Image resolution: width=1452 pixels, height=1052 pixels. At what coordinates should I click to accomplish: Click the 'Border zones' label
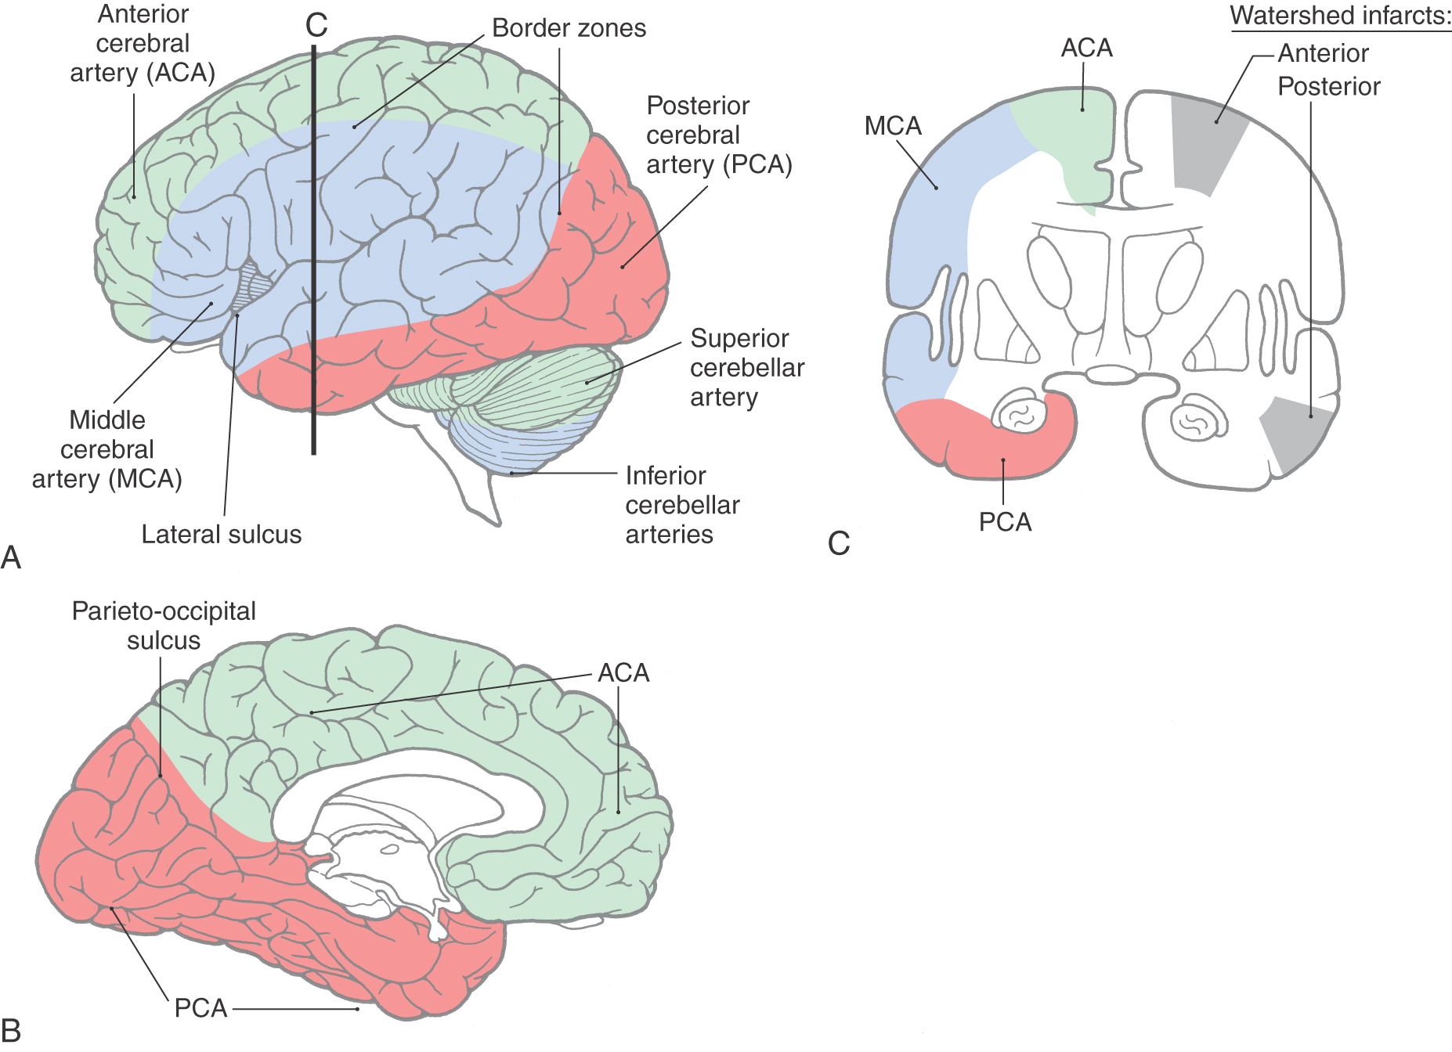(569, 28)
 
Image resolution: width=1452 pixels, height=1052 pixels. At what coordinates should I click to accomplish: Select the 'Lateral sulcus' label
(221, 535)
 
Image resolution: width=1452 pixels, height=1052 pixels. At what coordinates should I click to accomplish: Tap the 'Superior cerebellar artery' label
(746, 367)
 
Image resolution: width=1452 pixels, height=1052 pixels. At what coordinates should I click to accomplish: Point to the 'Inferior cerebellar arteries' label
(682, 505)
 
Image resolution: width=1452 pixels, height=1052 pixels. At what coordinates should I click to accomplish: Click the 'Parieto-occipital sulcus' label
(164, 625)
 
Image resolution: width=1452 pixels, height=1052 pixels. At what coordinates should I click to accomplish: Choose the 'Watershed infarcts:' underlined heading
(1340, 16)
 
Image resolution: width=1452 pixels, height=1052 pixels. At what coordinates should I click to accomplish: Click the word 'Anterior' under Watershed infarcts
(1323, 53)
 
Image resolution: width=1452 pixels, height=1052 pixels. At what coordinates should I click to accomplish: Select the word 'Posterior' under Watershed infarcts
(1328, 86)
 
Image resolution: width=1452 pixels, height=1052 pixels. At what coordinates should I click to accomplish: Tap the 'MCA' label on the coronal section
(893, 126)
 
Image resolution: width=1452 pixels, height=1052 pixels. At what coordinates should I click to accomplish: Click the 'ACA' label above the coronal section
(1086, 49)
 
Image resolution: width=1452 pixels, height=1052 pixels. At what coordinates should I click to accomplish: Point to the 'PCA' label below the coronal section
(1005, 522)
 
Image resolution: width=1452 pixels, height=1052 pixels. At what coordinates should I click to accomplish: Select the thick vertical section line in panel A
(313, 250)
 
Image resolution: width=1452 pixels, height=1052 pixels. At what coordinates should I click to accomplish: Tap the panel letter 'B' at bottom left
(11, 1030)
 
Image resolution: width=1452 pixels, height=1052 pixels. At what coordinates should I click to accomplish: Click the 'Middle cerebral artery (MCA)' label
(107, 449)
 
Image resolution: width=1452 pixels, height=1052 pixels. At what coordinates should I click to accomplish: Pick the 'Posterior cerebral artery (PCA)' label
(718, 135)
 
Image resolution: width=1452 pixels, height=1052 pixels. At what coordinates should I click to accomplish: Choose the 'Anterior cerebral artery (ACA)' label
(143, 44)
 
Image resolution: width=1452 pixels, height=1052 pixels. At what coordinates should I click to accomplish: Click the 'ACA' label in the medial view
(623, 673)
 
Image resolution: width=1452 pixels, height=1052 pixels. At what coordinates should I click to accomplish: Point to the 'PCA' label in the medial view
(200, 1008)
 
